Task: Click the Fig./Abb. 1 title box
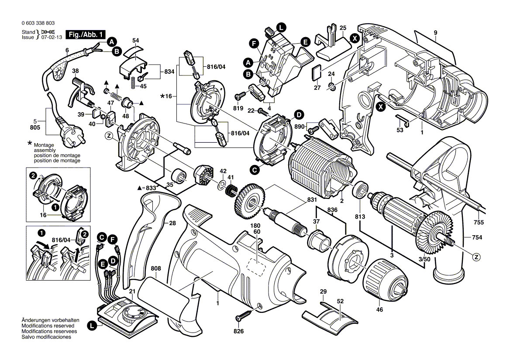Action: (x=85, y=34)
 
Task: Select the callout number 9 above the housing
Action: (x=435, y=33)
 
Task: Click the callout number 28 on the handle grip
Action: (x=172, y=223)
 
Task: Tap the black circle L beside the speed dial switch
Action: (x=92, y=325)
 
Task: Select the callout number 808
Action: (x=156, y=268)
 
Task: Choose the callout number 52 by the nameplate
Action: (x=341, y=301)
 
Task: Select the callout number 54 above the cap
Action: (x=136, y=41)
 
